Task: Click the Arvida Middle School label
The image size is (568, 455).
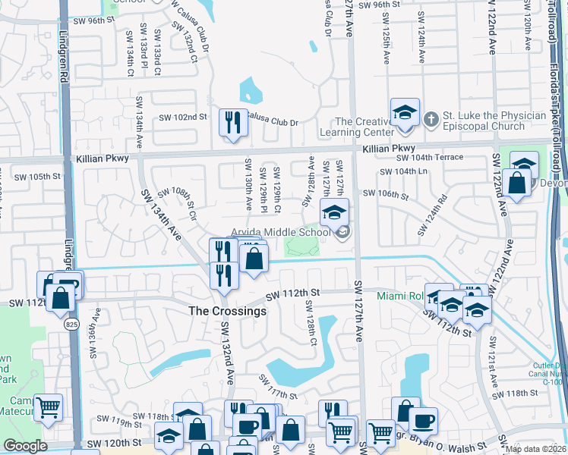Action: pos(282,232)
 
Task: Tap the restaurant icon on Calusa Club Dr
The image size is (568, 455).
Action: pos(232,122)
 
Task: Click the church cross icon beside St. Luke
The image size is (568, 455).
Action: pos(431,118)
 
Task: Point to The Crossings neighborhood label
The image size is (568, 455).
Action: pos(227,311)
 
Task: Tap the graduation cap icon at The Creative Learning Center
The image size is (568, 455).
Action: pos(405,113)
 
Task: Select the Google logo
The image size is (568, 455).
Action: pos(25,446)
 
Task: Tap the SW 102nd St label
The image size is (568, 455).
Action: pos(182,117)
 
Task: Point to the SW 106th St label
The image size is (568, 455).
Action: pos(386,193)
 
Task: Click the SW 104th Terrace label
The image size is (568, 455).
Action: pos(430,158)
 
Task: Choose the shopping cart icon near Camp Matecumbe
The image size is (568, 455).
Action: pos(48,407)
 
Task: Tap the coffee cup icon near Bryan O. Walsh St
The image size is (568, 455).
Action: pos(423,420)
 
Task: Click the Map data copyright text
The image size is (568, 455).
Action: pos(536,449)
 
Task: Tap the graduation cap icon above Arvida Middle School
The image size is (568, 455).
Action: pos(333,214)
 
